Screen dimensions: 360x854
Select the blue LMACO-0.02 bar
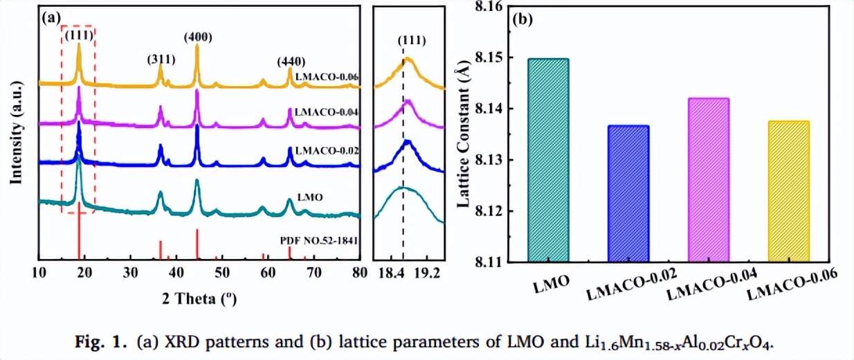[x=628, y=194]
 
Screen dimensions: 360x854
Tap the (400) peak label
[x=198, y=18]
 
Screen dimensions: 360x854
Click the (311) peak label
[x=161, y=60]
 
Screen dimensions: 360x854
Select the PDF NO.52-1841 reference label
[x=319, y=240]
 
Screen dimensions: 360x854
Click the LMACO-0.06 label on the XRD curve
[x=326, y=77]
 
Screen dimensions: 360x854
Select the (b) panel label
[x=522, y=19]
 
